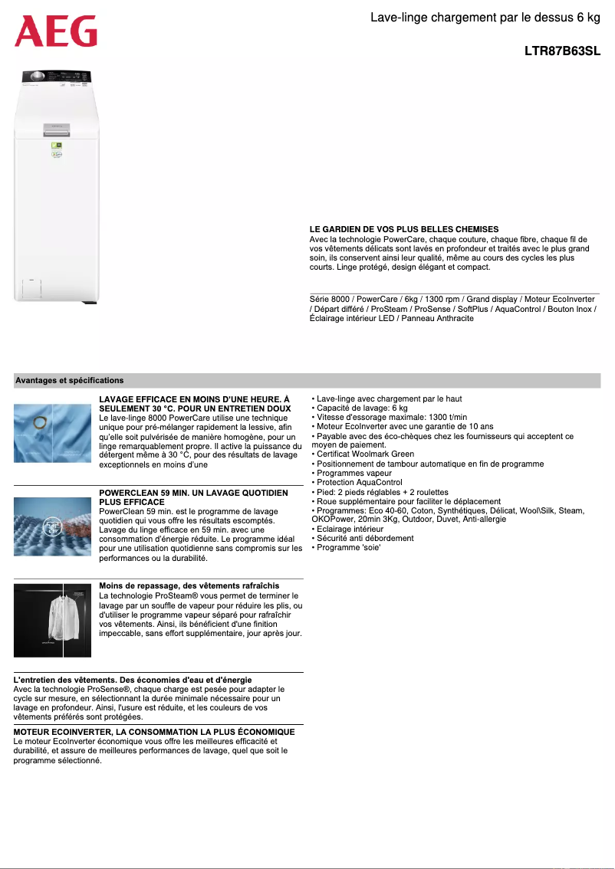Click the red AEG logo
click(56, 31)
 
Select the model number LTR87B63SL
click(562, 51)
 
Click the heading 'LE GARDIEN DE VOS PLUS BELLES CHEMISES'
click(404, 229)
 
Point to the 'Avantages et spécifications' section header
click(70, 380)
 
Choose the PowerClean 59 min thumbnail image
click(52, 526)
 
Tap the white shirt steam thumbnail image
click(52, 620)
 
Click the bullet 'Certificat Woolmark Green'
click(365, 454)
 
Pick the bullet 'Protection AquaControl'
click(360, 483)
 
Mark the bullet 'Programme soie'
click(349, 547)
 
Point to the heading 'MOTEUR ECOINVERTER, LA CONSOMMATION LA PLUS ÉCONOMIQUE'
click(154, 732)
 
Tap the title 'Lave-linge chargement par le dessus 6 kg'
click(485, 17)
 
